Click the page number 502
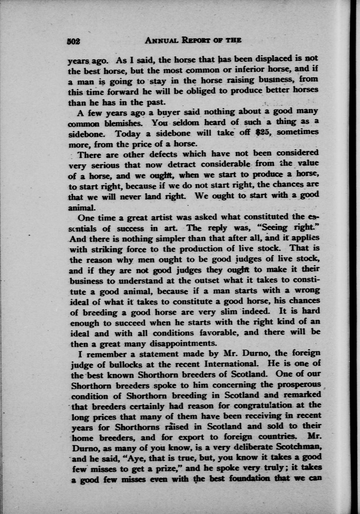[x=74, y=41]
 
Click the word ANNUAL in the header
[x=159, y=40]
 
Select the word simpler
[x=171, y=238]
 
